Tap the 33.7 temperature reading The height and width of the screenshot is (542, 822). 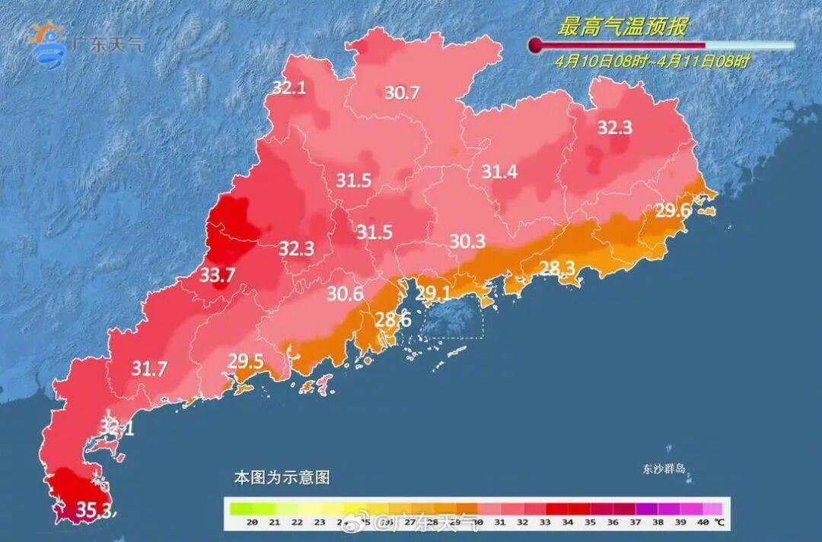click(217, 276)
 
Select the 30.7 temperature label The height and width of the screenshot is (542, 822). click(402, 93)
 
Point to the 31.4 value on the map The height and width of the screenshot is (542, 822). click(499, 173)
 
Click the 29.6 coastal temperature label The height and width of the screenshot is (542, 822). click(673, 211)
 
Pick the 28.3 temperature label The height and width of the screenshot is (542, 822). click(557, 267)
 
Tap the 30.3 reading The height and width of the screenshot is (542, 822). click(467, 241)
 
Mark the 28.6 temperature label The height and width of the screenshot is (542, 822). click(393, 320)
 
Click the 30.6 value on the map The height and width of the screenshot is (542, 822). click(346, 293)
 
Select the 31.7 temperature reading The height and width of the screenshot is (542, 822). click(149, 369)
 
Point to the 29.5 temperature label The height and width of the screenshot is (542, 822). click(245, 361)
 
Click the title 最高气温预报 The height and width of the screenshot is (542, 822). click(622, 27)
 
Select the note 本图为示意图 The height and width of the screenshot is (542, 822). click(282, 478)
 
